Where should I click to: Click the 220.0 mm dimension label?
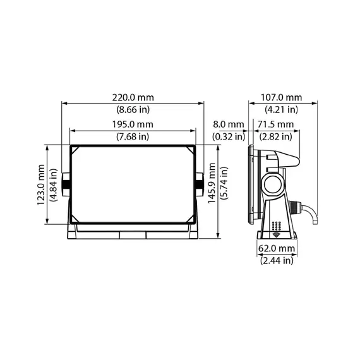click(x=132, y=98)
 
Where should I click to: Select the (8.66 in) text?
click(x=132, y=110)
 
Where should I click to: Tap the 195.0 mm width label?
click(x=132, y=124)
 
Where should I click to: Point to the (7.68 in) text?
click(x=132, y=136)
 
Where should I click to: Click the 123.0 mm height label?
click(x=41, y=184)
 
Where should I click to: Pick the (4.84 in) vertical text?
click(x=54, y=184)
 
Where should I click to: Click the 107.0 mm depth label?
click(x=281, y=98)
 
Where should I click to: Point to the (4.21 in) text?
click(x=281, y=110)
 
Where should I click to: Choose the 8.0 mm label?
click(x=228, y=124)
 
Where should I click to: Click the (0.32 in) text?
click(x=228, y=136)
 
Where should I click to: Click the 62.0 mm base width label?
click(x=277, y=248)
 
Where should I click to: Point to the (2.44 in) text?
click(x=277, y=260)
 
